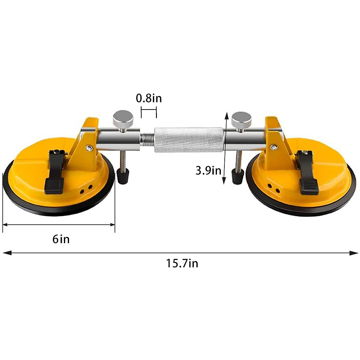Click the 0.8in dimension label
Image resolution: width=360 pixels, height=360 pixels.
[x=149, y=98]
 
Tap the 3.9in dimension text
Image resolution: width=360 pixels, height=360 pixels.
[x=208, y=170]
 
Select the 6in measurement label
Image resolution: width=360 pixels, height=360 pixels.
[x=61, y=239]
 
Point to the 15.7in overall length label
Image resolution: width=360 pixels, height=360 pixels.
[x=182, y=263]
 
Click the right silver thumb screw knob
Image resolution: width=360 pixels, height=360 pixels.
[x=241, y=119]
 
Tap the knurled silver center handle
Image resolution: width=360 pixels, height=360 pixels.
[x=189, y=139]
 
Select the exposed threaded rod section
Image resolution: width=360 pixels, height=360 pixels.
[x=147, y=140]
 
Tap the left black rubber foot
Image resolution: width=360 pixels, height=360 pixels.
[x=123, y=176]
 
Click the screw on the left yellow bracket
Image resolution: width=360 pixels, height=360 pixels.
[x=88, y=147]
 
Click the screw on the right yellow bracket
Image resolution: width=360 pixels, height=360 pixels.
[x=273, y=147]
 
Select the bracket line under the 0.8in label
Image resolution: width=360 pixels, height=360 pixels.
[x=149, y=110]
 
